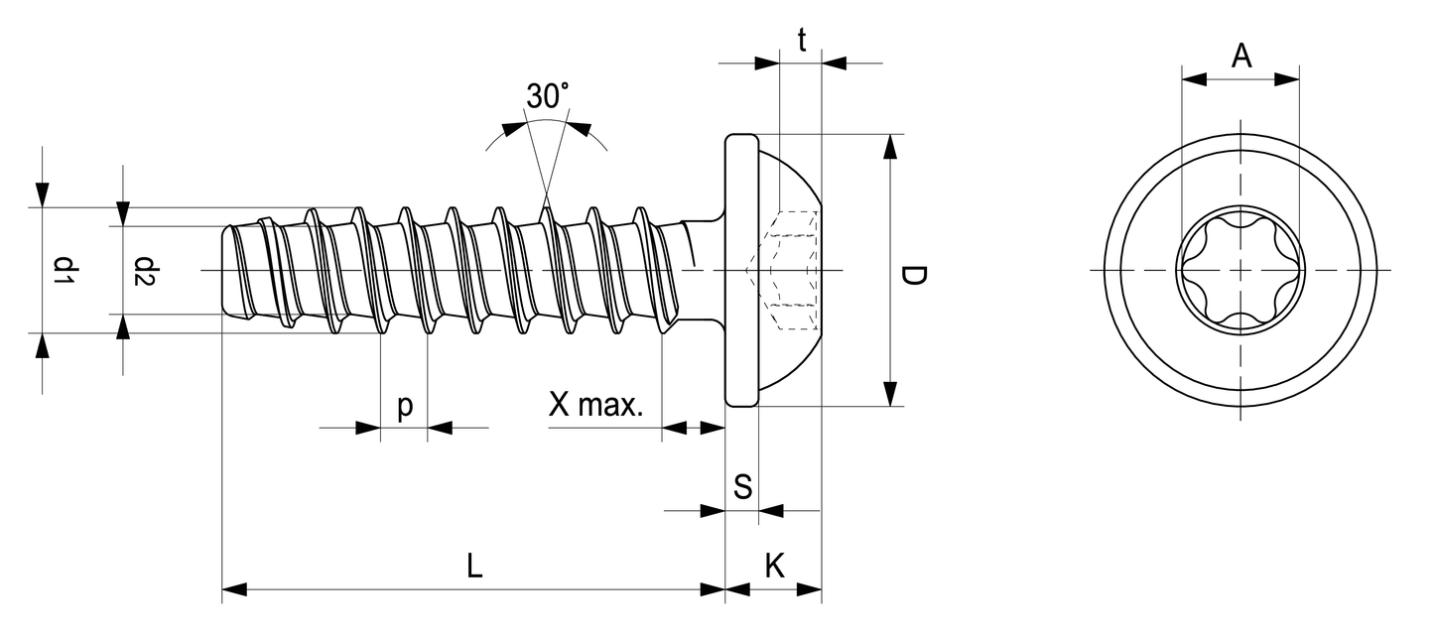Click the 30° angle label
[548, 97]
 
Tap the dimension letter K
[775, 567]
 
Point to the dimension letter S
[742, 487]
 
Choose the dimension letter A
[1240, 57]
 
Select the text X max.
[597, 405]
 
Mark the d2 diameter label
[146, 271]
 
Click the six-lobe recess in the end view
[1240, 270]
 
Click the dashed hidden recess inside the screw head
[791, 270]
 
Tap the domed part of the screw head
[794, 179]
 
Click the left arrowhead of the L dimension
[233, 589]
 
